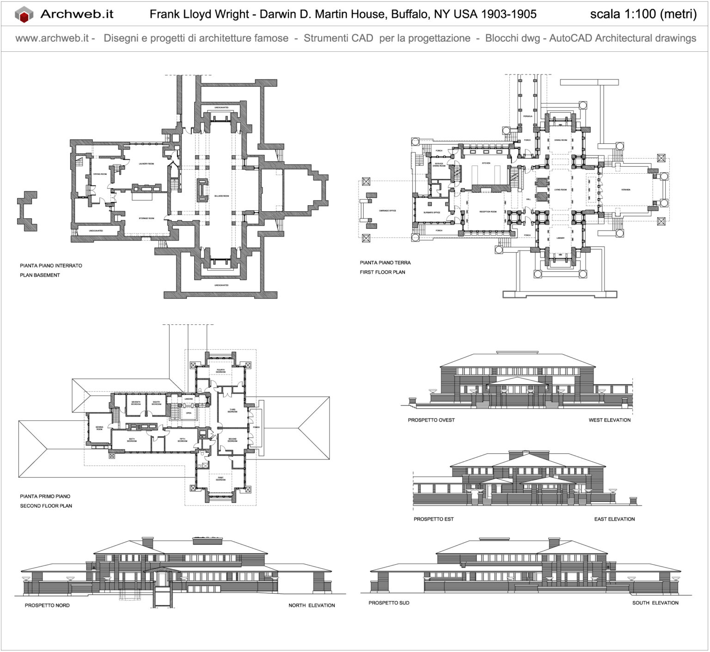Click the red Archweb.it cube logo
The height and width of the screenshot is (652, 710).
point(24,15)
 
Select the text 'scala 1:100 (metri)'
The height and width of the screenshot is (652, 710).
point(643,14)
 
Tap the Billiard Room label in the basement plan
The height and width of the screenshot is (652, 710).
point(221,196)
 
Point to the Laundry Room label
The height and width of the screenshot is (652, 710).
point(146,164)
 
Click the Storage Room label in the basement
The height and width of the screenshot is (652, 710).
point(146,218)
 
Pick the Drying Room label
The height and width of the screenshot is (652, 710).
point(100,174)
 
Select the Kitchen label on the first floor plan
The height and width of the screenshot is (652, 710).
point(486,163)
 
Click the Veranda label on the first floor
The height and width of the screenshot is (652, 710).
point(625,189)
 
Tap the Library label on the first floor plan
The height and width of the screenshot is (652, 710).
point(560,238)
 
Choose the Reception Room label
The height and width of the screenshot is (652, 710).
point(488,212)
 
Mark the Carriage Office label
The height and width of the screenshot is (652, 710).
point(387,211)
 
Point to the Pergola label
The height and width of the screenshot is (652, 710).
point(527,116)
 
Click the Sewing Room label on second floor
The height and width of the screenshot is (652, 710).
point(99,428)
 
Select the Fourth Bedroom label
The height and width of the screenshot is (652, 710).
point(220,371)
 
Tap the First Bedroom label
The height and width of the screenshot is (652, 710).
point(220,479)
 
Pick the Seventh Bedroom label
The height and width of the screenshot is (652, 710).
point(135,402)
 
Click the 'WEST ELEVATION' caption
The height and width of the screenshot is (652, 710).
point(609,420)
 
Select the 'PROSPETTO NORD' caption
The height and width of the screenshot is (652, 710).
point(47,605)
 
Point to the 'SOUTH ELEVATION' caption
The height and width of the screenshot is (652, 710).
point(655,603)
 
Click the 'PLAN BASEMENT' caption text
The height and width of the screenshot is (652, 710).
point(40,275)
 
